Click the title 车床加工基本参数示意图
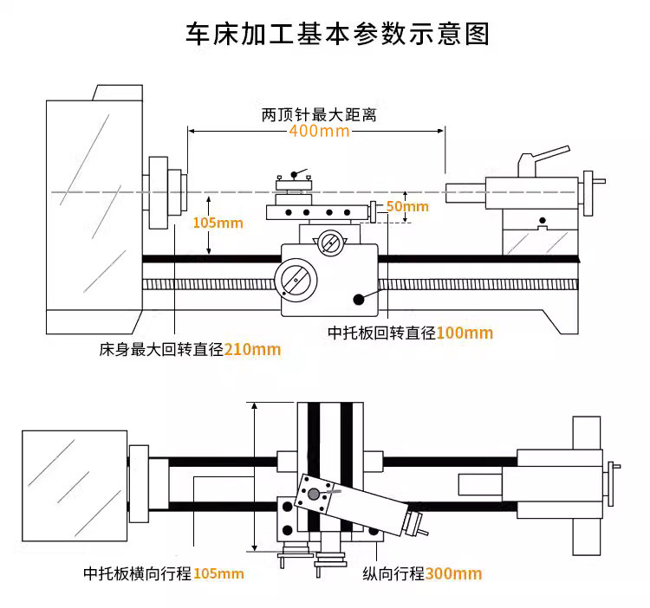click(x=337, y=33)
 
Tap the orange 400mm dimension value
click(x=319, y=131)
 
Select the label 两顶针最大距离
click(x=319, y=114)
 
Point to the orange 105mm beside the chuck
click(x=218, y=223)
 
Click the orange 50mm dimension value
click(x=407, y=206)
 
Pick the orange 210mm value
click(x=252, y=350)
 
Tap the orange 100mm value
click(x=465, y=333)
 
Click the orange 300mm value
click(x=453, y=574)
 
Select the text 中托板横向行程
click(x=138, y=573)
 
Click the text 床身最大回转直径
click(x=161, y=350)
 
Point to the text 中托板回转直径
click(x=382, y=333)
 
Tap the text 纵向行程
click(x=393, y=573)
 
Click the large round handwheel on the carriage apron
click(x=296, y=280)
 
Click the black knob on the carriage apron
click(x=359, y=299)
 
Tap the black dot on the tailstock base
click(x=543, y=220)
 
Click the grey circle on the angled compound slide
click(x=314, y=494)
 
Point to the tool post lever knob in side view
click(x=294, y=174)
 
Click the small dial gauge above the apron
click(x=330, y=243)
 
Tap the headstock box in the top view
click(x=75, y=486)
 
